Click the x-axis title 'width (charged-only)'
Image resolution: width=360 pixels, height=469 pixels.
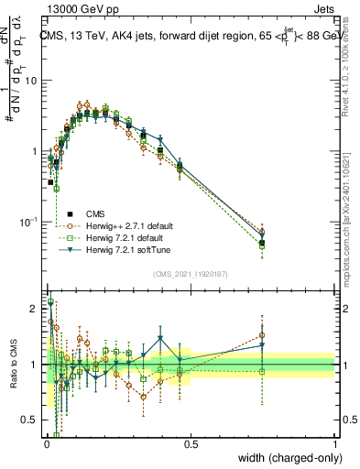coord(285,458)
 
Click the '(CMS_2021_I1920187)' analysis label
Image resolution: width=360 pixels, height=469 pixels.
coord(190,273)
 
